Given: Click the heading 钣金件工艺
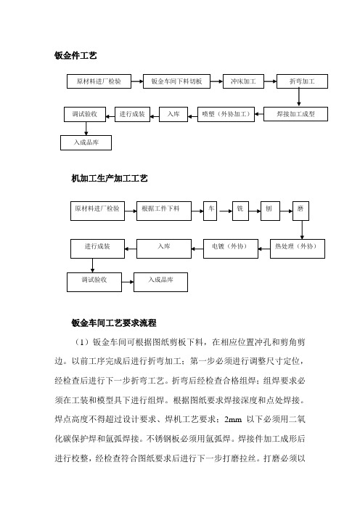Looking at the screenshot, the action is (75, 56).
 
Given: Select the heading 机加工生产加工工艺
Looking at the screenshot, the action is (110, 178).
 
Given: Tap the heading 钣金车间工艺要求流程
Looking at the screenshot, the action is (114, 323).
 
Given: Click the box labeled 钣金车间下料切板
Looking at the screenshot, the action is (176, 81).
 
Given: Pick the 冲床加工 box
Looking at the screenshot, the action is (243, 81).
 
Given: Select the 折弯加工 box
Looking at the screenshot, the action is (302, 81).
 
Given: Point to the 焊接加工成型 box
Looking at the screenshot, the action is (295, 114).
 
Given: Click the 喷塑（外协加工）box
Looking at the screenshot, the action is (226, 114).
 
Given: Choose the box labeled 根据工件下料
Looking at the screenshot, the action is (164, 211).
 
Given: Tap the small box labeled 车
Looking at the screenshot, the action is (210, 211).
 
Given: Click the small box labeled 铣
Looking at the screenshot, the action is (240, 211).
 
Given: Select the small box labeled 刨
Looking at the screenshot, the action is (270, 211).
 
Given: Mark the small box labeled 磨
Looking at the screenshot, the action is (300, 211).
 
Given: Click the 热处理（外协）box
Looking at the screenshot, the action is (298, 248).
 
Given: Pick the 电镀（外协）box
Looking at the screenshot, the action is (231, 248).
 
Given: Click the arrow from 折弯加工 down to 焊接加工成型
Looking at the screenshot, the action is (299, 97).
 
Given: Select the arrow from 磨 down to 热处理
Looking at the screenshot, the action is (302, 230).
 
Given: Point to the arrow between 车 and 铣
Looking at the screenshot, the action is (225, 211).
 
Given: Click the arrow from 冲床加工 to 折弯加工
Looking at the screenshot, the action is (270, 81).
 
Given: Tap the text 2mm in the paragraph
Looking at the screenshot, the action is (233, 420).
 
